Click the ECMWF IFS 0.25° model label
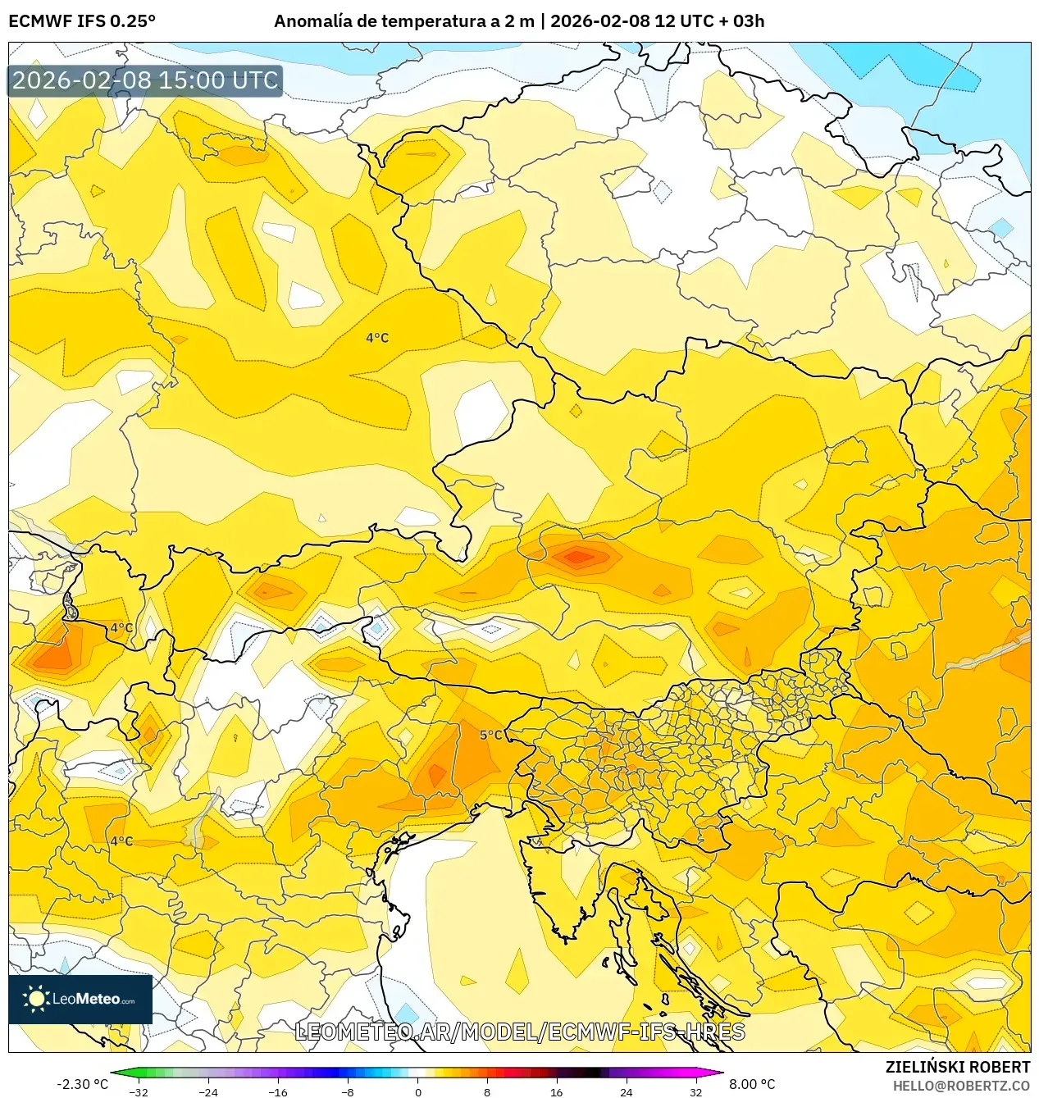pyautogui.click(x=82, y=21)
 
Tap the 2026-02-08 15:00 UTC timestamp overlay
pyautogui.click(x=145, y=80)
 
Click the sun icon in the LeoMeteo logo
pyautogui.click(x=36, y=999)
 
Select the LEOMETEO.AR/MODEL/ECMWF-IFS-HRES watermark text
pyautogui.click(x=519, y=1032)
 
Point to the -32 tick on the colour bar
pyautogui.click(x=139, y=1091)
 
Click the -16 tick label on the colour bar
pyautogui.click(x=278, y=1091)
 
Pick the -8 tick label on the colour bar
pyautogui.click(x=348, y=1091)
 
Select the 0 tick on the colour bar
pyautogui.click(x=417, y=1091)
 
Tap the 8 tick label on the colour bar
pyautogui.click(x=487, y=1091)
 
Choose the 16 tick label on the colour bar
pyautogui.click(x=557, y=1091)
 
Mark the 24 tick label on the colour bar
pyautogui.click(x=627, y=1091)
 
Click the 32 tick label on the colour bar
pyautogui.click(x=695, y=1091)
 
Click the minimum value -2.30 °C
pyautogui.click(x=82, y=1084)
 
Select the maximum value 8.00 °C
pyautogui.click(x=752, y=1084)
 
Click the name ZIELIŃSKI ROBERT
pyautogui.click(x=957, y=1067)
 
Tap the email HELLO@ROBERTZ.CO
pyautogui.click(x=961, y=1086)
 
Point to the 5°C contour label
pyautogui.click(x=491, y=735)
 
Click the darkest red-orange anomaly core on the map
pyautogui.click(x=578, y=557)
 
